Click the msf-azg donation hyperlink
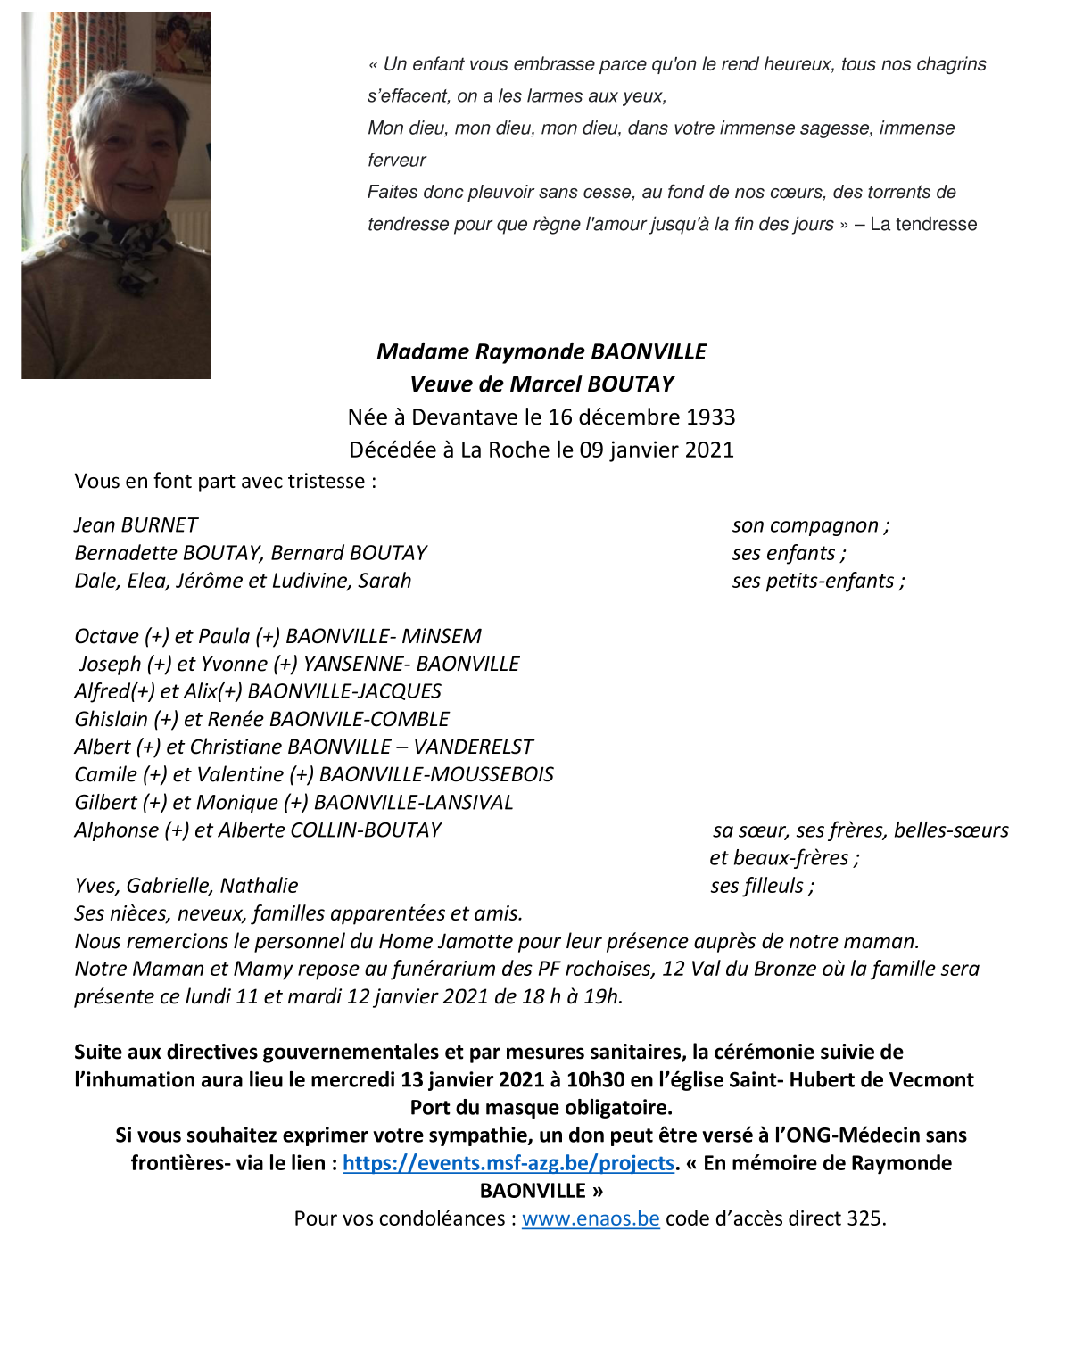pyautogui.click(x=508, y=1163)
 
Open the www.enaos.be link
pyautogui.click(x=591, y=1218)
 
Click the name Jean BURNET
pyautogui.click(x=136, y=525)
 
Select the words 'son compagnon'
pyautogui.click(x=806, y=525)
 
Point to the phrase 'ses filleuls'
pyautogui.click(x=757, y=886)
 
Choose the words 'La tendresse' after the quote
pyautogui.click(x=923, y=225)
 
